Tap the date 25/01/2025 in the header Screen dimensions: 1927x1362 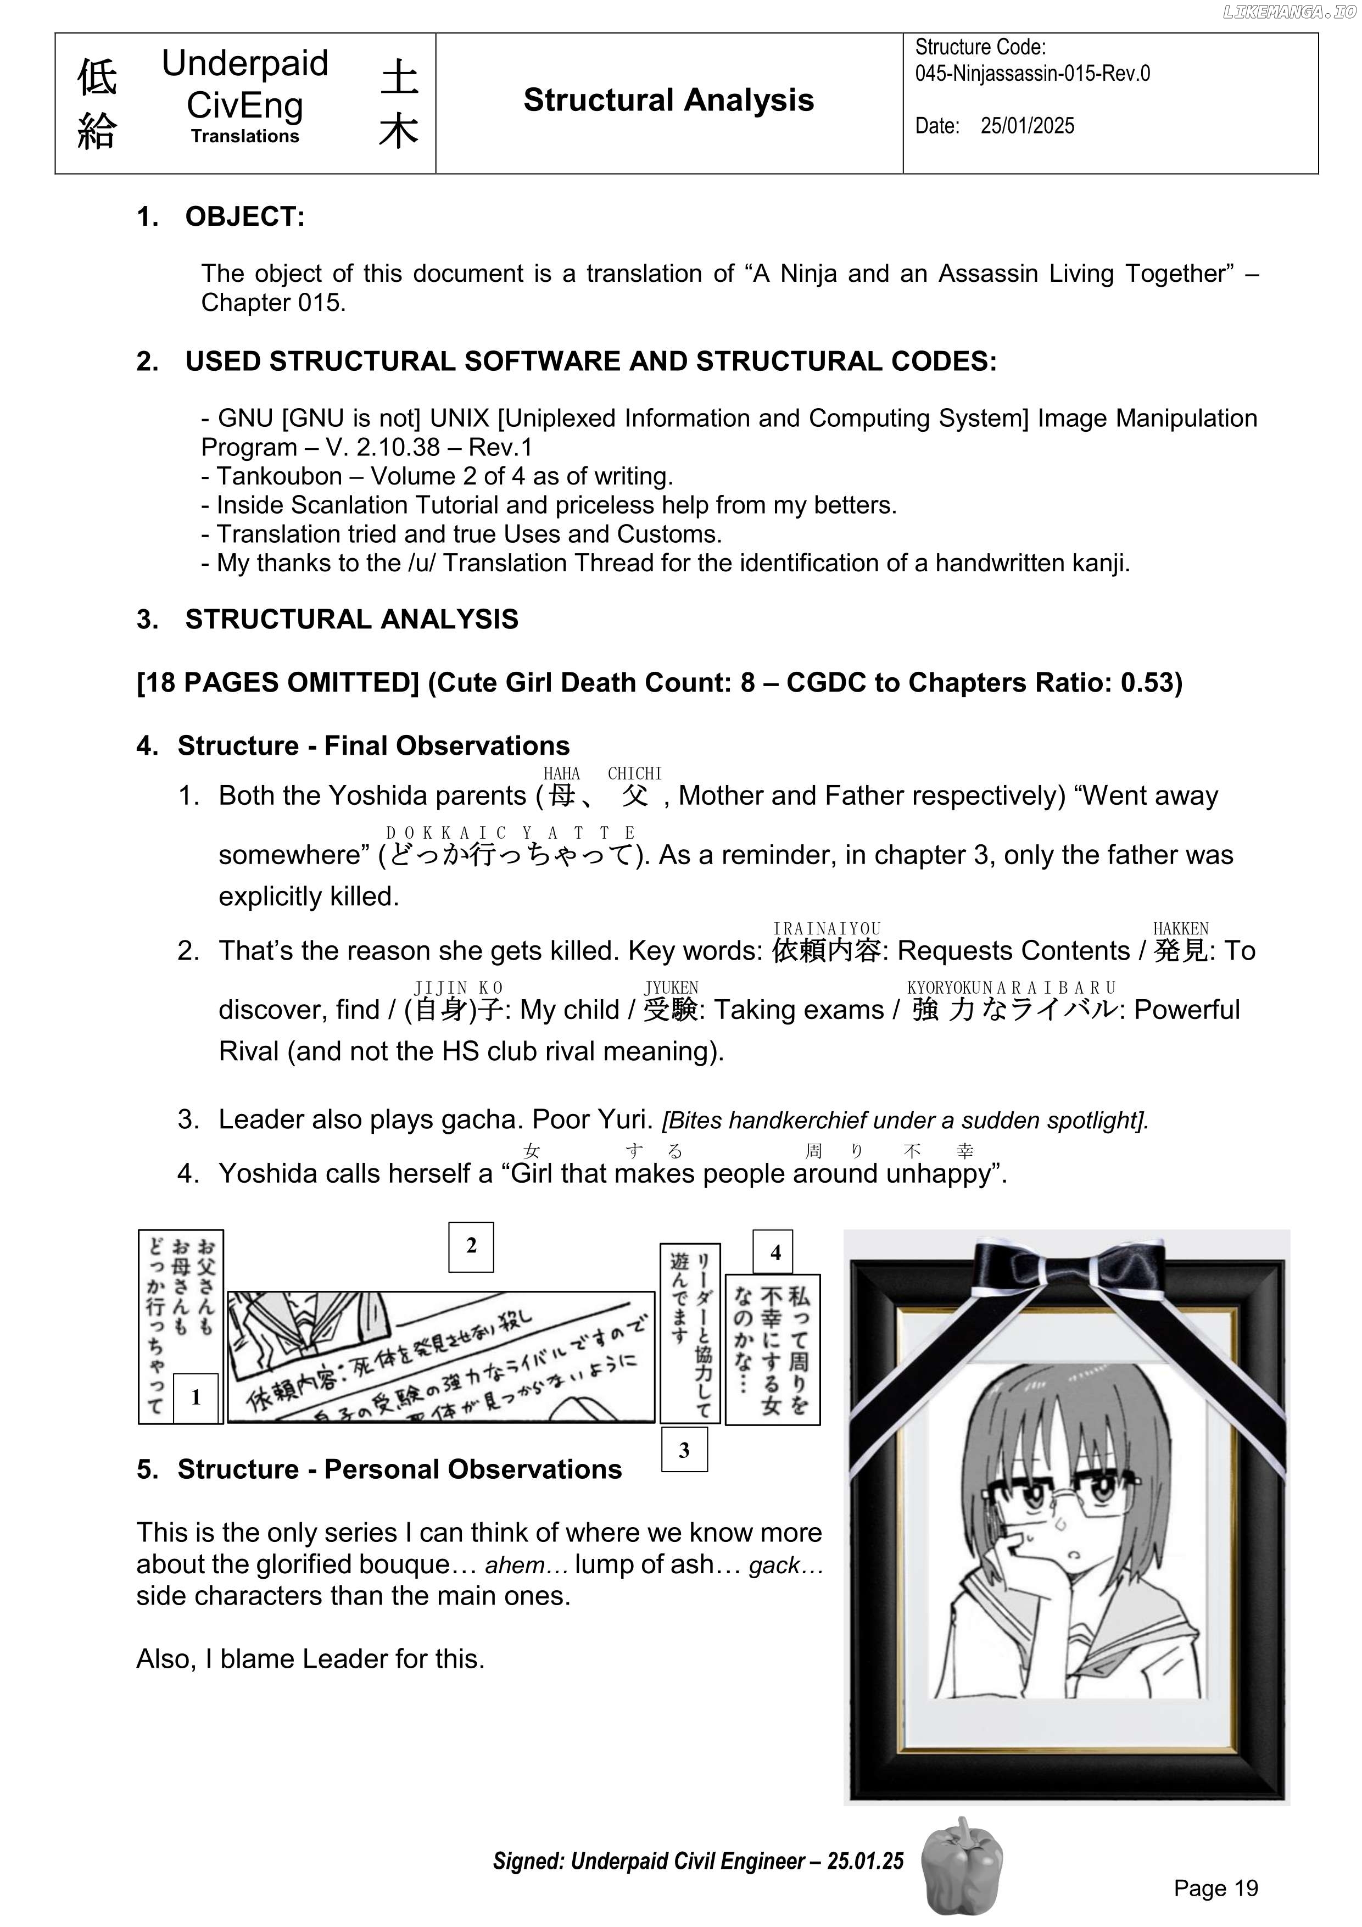tap(1026, 126)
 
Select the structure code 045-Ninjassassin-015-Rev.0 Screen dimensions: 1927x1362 tap(1031, 73)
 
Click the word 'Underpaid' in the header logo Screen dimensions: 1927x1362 tap(244, 64)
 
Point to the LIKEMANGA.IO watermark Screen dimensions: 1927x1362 tap(1288, 12)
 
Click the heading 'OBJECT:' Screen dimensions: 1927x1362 tap(245, 216)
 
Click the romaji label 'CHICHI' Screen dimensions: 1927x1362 tap(634, 773)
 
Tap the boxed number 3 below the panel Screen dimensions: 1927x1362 tap(684, 1450)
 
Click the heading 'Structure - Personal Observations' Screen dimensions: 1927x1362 tap(399, 1469)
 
